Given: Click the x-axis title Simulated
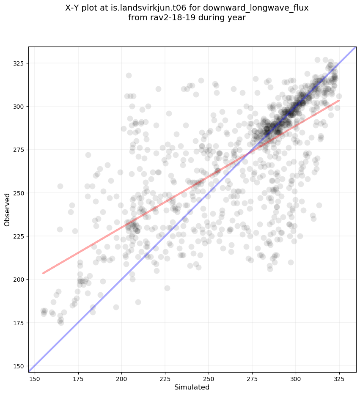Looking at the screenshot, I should [192, 387].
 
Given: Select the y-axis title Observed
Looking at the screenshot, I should [7, 210].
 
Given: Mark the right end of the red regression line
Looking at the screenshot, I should [339, 101].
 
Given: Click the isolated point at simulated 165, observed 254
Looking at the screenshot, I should [60, 186].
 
